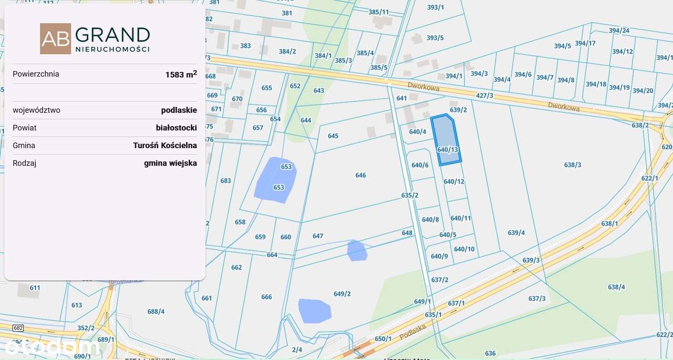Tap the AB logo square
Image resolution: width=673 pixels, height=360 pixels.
click(55, 39)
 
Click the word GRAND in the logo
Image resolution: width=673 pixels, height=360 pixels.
click(113, 35)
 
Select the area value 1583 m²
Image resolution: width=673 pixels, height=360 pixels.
click(181, 74)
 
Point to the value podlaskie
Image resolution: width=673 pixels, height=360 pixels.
click(179, 110)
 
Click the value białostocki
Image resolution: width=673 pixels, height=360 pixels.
click(176, 128)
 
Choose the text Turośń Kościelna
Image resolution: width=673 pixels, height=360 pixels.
click(165, 146)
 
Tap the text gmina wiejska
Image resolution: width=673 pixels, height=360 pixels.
click(170, 163)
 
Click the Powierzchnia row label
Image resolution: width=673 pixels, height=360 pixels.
click(36, 74)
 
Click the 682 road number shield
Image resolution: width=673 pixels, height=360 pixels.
click(18, 328)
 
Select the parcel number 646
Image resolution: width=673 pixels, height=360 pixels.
click(360, 176)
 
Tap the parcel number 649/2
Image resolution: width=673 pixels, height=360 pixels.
click(342, 294)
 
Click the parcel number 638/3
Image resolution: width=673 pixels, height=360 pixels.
click(573, 165)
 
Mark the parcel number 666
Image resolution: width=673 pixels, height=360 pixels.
click(267, 297)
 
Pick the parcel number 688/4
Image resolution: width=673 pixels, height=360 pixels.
click(156, 311)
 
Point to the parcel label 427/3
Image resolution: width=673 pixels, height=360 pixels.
click(484, 96)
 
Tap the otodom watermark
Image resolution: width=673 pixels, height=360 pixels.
click(50, 347)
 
